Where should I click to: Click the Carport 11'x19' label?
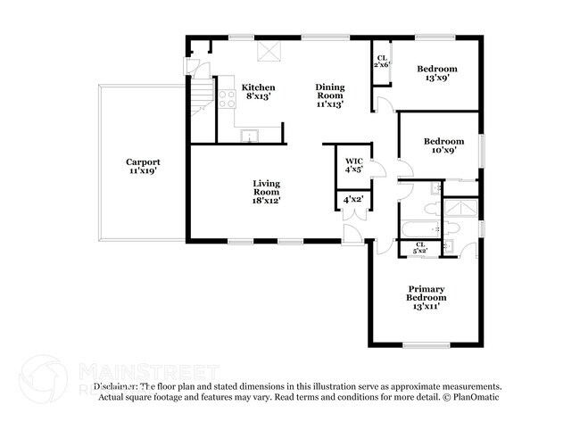pos(142,166)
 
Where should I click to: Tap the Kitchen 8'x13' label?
pos(259,92)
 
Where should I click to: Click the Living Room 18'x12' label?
pos(266,192)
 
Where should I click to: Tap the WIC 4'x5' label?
pos(353,166)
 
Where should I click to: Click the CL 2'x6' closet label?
pos(381,62)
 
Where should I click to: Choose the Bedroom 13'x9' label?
pos(436,73)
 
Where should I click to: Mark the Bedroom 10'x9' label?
pos(443,145)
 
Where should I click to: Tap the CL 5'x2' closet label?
pos(419,248)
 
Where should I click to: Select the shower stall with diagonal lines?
pos(463,208)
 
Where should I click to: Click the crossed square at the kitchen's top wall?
pos(267,52)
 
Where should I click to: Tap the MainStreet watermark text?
pos(147,370)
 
